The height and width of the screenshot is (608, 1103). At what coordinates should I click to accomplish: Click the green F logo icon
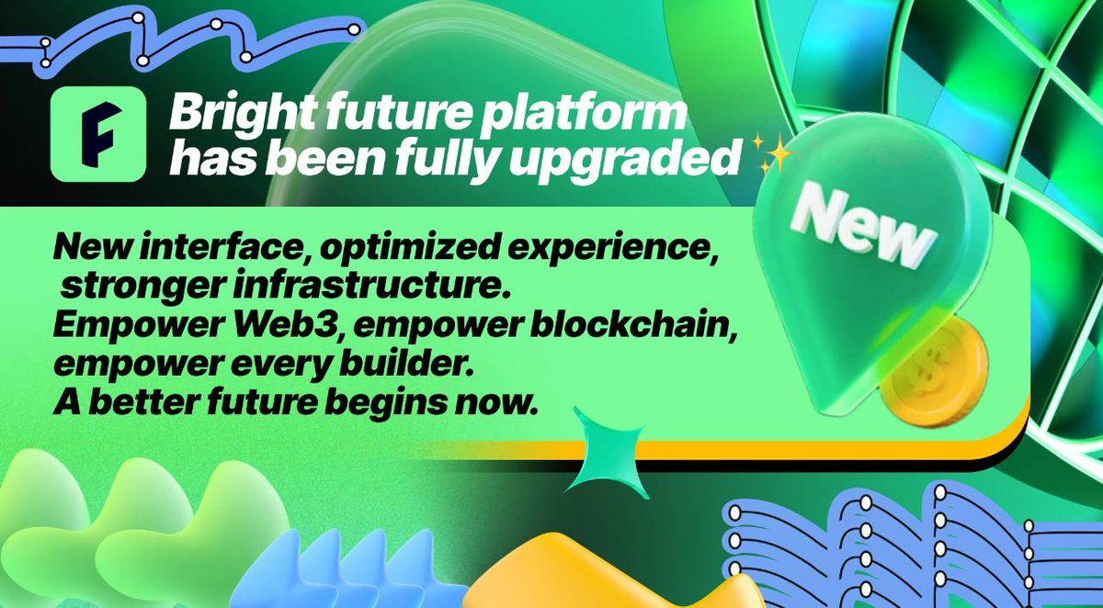(98, 135)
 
